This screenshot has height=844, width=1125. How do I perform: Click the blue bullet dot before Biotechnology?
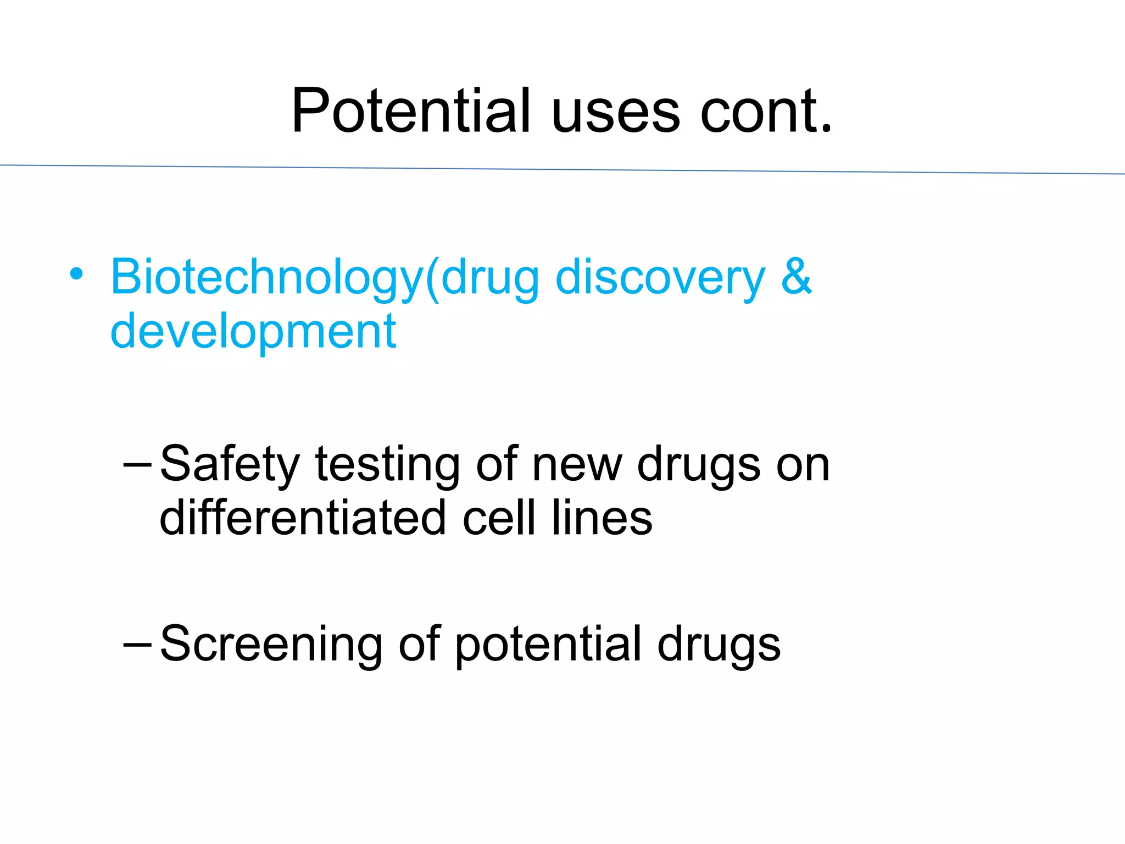[76, 274]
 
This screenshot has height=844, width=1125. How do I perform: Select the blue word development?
[253, 332]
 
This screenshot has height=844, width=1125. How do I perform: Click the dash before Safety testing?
[137, 464]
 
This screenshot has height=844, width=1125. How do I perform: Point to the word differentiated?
[303, 518]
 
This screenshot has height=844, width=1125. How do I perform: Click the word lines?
[602, 518]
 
